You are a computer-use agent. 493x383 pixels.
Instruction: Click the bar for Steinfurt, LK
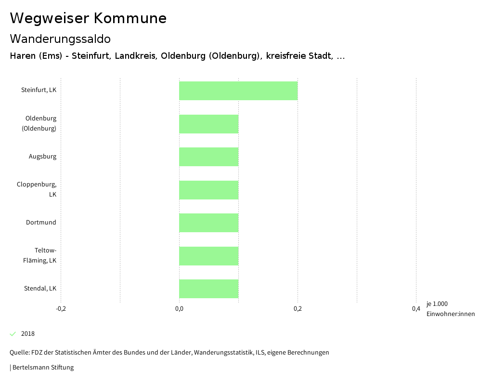[x=238, y=91]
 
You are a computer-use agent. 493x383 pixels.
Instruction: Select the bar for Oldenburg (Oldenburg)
[x=208, y=124]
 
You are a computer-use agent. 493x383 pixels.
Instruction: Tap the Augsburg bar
[x=208, y=157]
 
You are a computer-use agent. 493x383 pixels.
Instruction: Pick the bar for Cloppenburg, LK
[x=208, y=190]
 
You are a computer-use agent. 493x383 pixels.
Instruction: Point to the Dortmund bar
[x=208, y=223]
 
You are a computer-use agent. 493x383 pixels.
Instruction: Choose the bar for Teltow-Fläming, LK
[x=208, y=256]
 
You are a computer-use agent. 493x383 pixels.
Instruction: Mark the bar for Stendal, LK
[x=208, y=289]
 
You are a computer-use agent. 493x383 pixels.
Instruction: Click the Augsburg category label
[x=42, y=157]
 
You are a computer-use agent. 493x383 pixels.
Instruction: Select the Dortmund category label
[x=41, y=223]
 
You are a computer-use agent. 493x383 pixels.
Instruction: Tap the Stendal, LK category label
[x=40, y=289]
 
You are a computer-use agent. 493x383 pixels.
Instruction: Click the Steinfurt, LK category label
[x=39, y=90]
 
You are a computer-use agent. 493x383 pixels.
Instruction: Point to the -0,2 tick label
[x=61, y=309]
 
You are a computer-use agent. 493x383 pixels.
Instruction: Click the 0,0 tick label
[x=179, y=309]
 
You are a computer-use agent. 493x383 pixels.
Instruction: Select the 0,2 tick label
[x=298, y=309]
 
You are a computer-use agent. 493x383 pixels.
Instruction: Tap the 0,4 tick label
[x=416, y=309]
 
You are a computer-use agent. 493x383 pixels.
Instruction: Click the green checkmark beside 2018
[x=13, y=334]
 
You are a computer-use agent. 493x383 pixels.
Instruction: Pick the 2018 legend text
[x=28, y=334]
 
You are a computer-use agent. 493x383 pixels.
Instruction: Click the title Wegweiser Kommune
[x=88, y=18]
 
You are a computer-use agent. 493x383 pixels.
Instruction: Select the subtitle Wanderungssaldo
[x=60, y=39]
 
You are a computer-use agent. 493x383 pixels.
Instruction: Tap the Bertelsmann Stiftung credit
[x=42, y=368]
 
